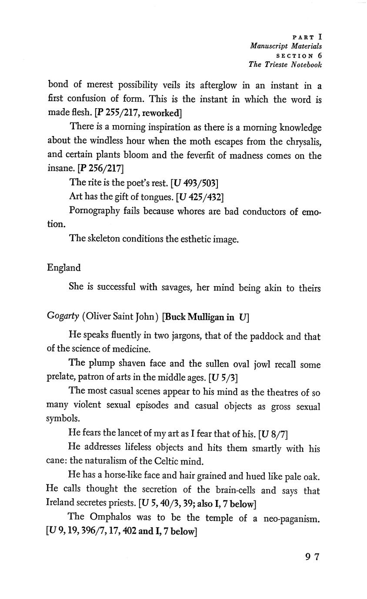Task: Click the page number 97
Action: click(x=312, y=557)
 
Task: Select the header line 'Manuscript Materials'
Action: click(x=286, y=46)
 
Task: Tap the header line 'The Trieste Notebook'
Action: click(x=285, y=65)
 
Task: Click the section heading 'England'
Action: click(x=63, y=268)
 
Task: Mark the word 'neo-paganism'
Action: click(x=292, y=518)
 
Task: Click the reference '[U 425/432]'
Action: click(x=200, y=197)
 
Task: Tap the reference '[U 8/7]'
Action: click(x=273, y=434)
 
